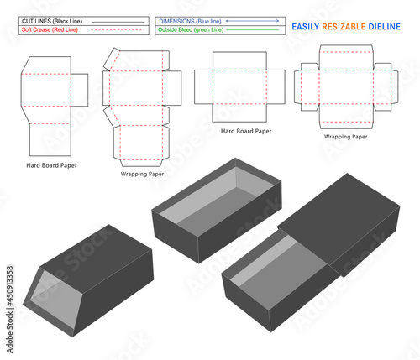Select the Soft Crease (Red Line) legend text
coord(52,29)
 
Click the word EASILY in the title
coord(307,27)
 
